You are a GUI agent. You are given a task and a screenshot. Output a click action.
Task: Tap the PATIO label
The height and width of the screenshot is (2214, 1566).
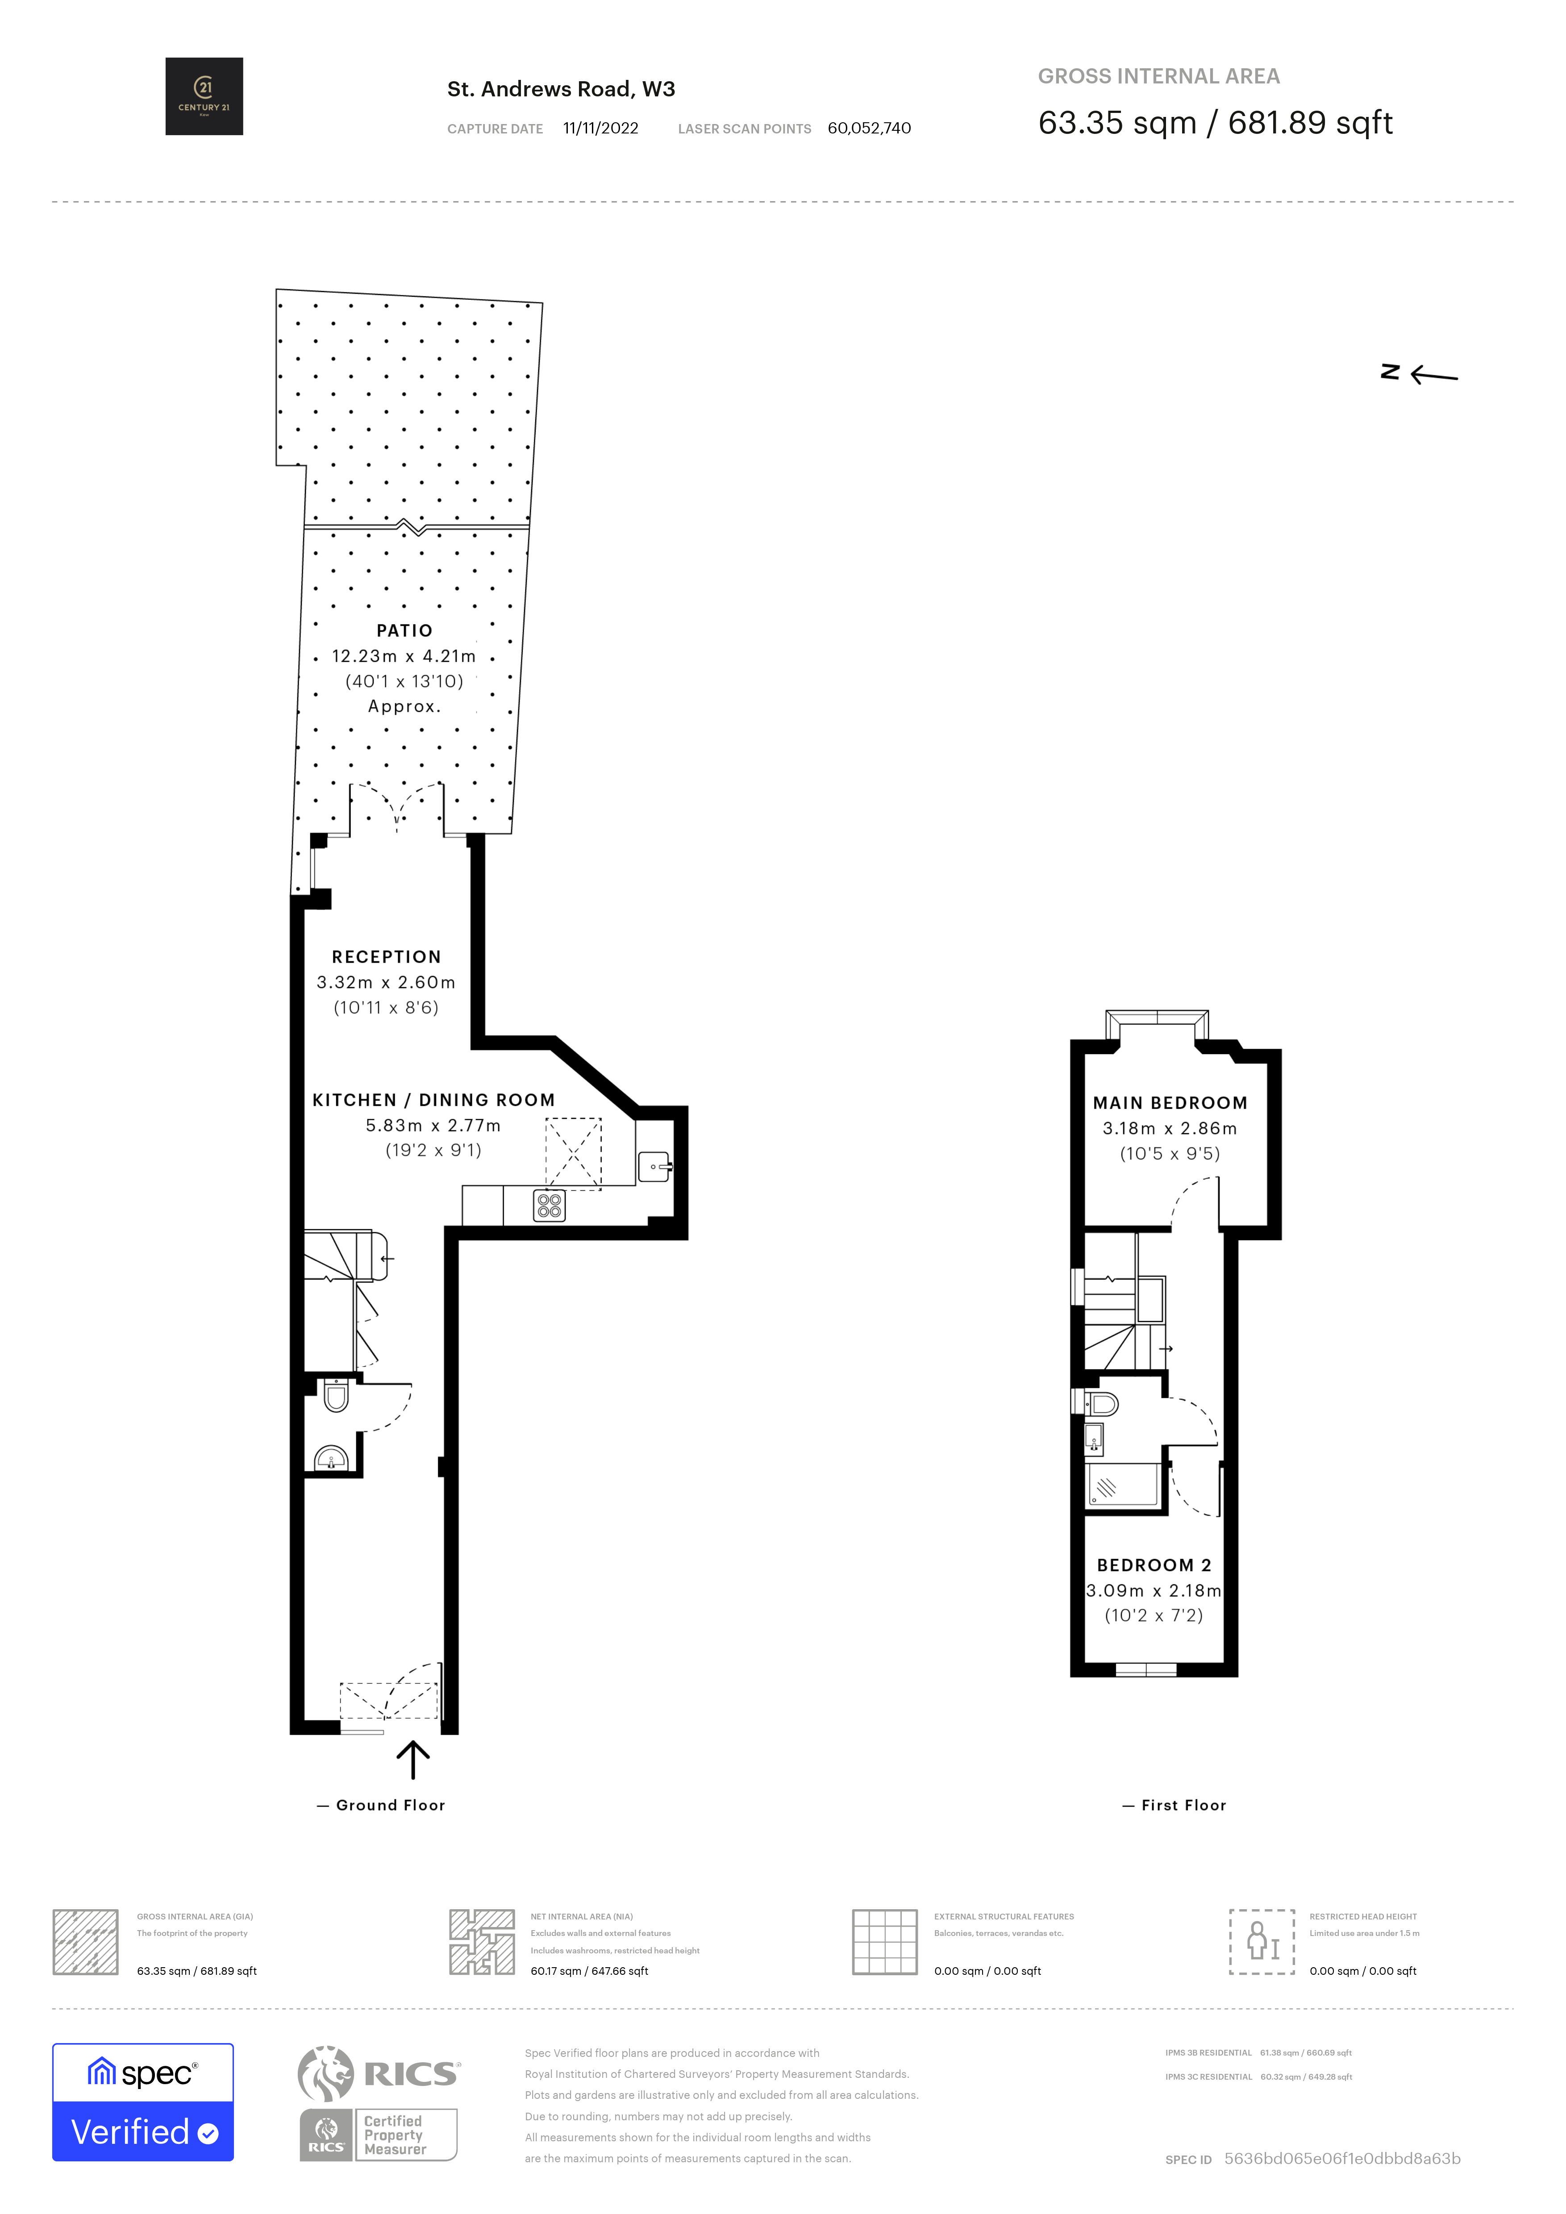coord(404,631)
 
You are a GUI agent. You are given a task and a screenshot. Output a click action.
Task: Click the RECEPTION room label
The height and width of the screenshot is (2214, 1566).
coord(386,956)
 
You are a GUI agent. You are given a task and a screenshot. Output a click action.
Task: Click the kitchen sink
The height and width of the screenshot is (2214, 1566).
coord(654,1167)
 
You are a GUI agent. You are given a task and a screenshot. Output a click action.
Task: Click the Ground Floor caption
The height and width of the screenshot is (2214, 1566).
coord(390,1805)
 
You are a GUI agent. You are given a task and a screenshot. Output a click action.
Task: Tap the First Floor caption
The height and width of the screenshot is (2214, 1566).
coord(1183,1805)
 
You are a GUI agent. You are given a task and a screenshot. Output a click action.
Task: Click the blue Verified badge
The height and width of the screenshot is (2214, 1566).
coord(143,2131)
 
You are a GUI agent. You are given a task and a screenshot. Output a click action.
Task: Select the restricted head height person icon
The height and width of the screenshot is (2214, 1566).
coord(1261,1941)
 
